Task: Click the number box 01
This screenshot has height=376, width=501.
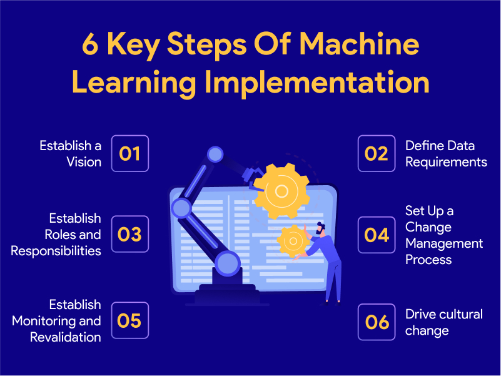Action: tap(130, 153)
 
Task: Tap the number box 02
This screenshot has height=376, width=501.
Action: tap(377, 153)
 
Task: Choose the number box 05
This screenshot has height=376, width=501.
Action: tap(130, 321)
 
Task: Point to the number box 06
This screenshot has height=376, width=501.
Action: tap(377, 322)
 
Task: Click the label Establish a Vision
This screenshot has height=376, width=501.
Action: tap(70, 153)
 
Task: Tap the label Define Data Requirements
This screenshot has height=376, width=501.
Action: tap(445, 153)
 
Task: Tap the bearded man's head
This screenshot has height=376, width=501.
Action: tap(321, 230)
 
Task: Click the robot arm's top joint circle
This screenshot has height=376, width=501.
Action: tap(215, 154)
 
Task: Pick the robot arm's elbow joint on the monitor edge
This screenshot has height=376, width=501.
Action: tap(181, 207)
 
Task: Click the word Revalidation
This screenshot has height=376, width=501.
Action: tap(66, 337)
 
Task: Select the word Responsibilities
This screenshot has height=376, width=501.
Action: tap(56, 251)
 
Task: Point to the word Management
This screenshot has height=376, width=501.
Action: tap(444, 243)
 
